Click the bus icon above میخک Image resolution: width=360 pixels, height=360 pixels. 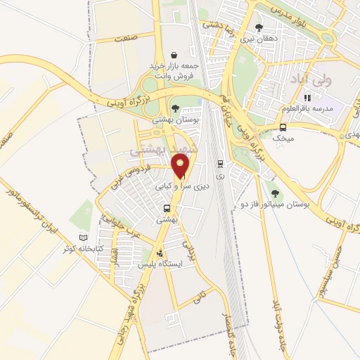pos(283,128)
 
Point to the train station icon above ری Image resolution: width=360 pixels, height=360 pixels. pos(220,162)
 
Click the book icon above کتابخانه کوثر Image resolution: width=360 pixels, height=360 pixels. pos(84,238)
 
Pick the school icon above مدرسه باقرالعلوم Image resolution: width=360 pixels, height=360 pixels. pos(307,98)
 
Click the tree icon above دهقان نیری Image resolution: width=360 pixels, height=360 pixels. pos(260,27)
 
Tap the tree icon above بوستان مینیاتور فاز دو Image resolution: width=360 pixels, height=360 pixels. pos(275,193)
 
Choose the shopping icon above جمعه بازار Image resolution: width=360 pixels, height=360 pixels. pos(174,55)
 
